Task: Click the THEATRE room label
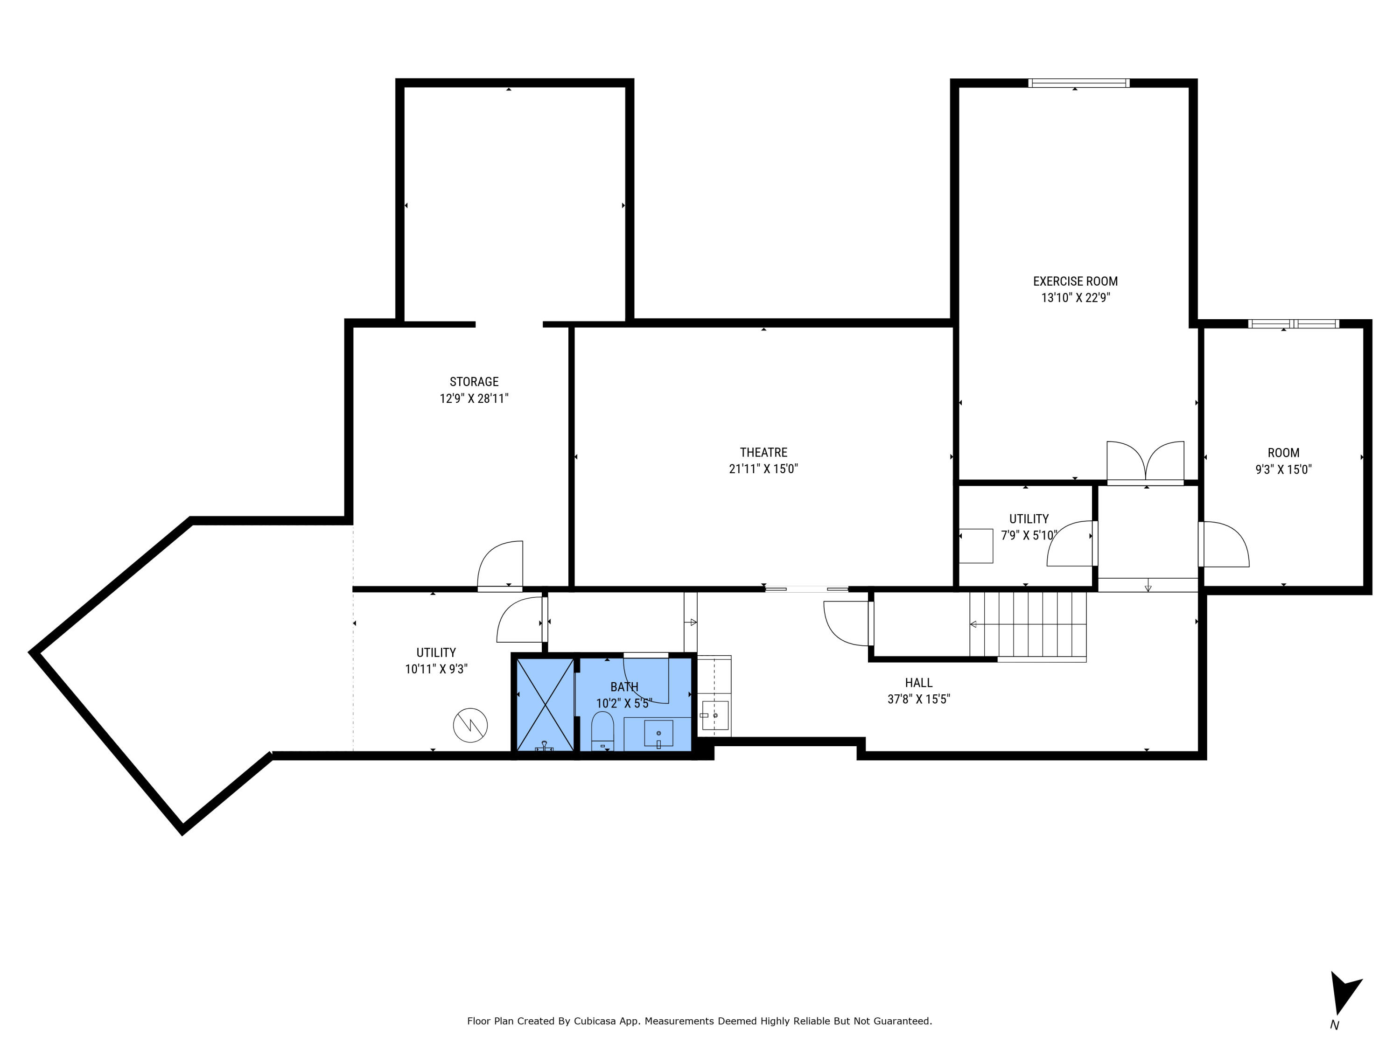pos(763,453)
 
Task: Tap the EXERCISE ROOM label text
pos(1075,281)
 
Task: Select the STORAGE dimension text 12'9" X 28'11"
pos(474,399)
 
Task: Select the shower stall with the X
pos(545,704)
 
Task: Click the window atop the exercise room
pos(1078,83)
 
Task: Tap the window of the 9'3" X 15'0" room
pos(1293,324)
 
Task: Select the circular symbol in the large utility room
pos(470,725)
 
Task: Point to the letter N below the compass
pos(1335,1025)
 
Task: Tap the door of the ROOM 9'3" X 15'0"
pos(1224,544)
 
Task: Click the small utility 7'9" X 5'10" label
pos(1029,526)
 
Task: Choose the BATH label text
pos(624,687)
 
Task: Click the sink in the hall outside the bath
pos(715,715)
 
